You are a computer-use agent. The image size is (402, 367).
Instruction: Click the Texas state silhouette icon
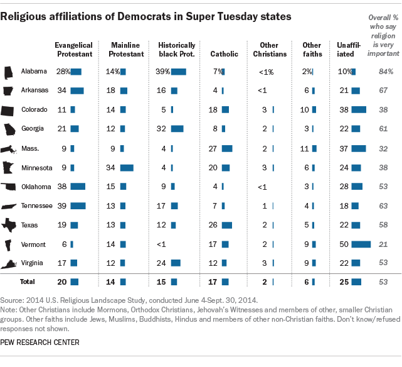click(10, 225)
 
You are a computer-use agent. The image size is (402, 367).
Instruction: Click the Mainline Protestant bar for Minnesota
click(127, 168)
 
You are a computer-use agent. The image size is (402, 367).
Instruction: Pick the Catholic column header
click(224, 54)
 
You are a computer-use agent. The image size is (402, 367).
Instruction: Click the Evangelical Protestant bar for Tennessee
click(78, 206)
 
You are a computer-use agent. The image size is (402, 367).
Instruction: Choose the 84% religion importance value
click(385, 72)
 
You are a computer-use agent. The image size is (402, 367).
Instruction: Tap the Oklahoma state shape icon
click(10, 187)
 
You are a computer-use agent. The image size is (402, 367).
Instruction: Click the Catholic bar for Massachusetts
click(227, 148)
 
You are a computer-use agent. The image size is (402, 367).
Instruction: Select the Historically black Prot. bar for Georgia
click(177, 129)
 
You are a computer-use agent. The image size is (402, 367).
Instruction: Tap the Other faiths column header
click(312, 50)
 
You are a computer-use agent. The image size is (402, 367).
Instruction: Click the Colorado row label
click(34, 110)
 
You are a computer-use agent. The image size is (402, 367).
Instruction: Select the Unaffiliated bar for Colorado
click(359, 110)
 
